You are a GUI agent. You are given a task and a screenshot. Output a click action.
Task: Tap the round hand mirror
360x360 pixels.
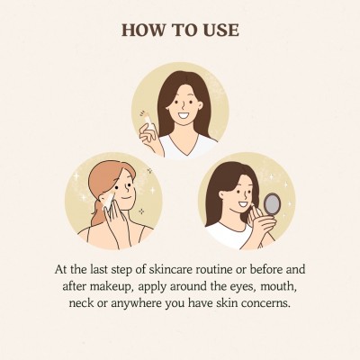272,204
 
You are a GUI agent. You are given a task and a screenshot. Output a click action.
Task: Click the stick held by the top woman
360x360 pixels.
150,124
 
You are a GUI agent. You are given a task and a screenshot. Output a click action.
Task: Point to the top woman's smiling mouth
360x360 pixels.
184,115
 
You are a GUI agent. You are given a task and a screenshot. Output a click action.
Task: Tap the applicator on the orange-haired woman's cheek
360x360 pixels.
109,200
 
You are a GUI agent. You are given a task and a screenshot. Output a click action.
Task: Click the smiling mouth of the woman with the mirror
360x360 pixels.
243,205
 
